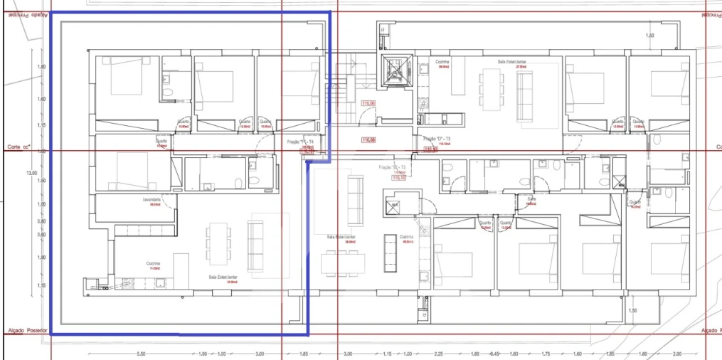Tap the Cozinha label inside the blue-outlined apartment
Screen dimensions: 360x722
[x=154, y=263]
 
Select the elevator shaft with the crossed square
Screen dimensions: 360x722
[x=393, y=70]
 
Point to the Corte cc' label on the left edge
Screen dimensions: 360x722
[x=21, y=147]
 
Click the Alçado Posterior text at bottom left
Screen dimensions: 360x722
[x=26, y=330]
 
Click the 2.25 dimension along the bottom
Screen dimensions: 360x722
[x=439, y=354]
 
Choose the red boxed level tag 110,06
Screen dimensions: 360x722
[x=368, y=103]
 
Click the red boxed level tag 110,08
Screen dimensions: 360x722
[x=368, y=139]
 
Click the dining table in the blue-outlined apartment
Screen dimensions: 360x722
[x=218, y=244]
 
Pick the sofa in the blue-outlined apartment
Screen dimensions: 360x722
[x=255, y=245]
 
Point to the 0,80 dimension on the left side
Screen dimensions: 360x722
[x=41, y=221]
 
